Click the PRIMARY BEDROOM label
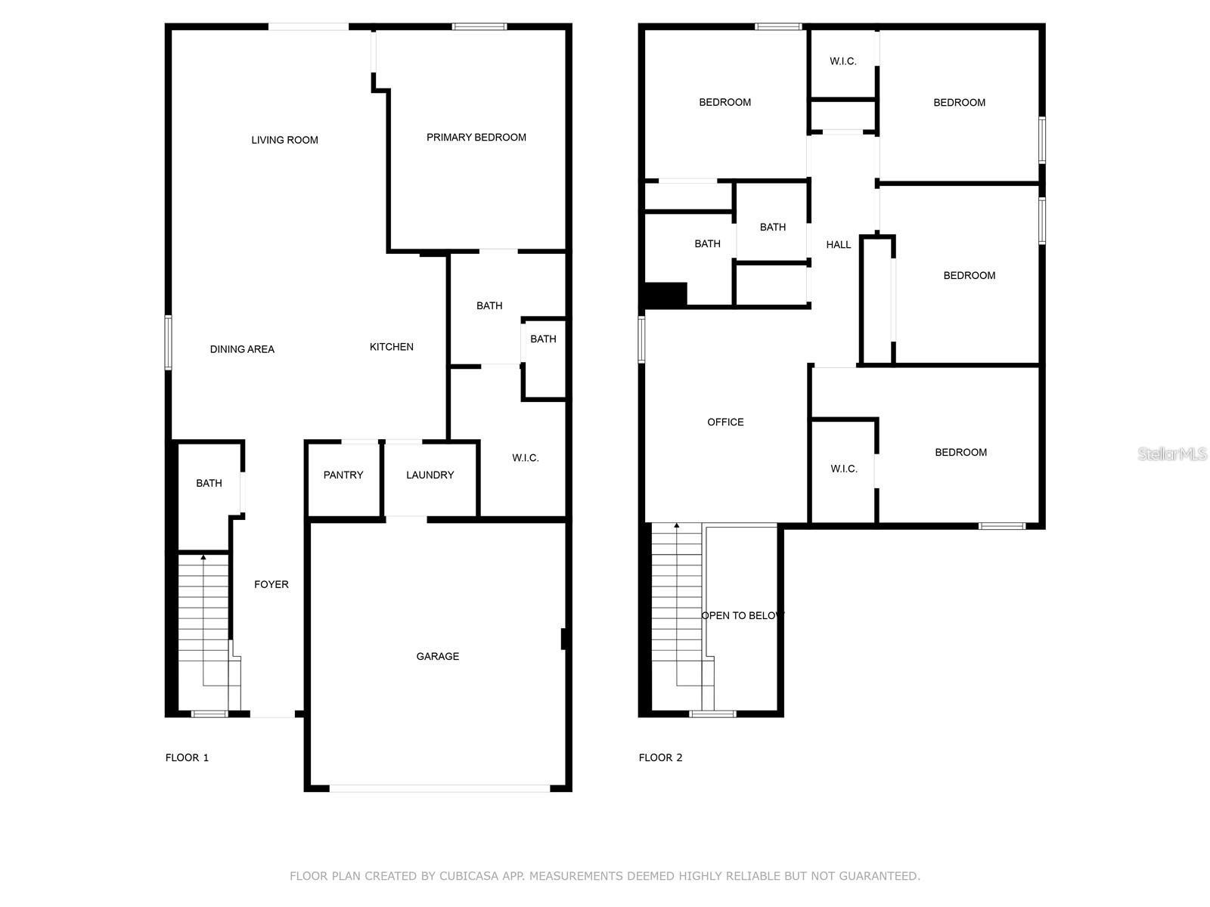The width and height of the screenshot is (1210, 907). click(x=476, y=138)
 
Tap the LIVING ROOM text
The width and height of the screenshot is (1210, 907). click(x=284, y=140)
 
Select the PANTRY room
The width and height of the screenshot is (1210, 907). click(x=343, y=475)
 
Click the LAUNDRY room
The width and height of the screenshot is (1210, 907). click(x=430, y=475)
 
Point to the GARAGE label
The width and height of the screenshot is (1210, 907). click(x=437, y=657)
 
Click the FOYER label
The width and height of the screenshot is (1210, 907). click(x=271, y=584)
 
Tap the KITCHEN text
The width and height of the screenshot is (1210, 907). click(x=391, y=347)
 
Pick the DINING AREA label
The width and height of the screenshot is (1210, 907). click(x=242, y=349)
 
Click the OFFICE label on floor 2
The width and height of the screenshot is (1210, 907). click(x=725, y=423)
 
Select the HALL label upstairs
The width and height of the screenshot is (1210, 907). click(x=838, y=245)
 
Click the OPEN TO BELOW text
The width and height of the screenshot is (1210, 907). click(x=742, y=616)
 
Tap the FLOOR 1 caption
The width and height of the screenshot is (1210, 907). click(x=187, y=758)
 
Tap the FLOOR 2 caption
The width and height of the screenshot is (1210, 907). click(x=660, y=758)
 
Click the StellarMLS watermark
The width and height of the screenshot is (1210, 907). click(x=1172, y=454)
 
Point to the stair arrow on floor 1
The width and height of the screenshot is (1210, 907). click(x=203, y=558)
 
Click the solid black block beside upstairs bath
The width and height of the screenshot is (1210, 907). click(x=665, y=294)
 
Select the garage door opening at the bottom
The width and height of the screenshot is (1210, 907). click(x=439, y=788)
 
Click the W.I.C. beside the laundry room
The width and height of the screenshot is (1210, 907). click(x=525, y=458)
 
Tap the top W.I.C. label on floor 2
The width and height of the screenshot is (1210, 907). click(x=842, y=61)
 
